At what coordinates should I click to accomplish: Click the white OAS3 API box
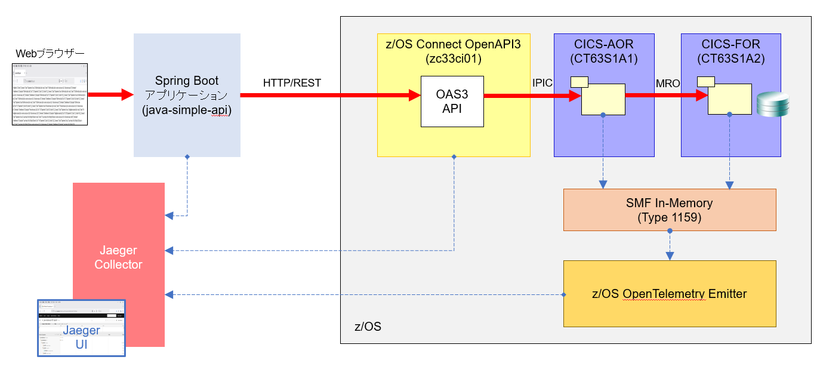[452, 102]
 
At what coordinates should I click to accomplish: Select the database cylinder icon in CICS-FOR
[772, 104]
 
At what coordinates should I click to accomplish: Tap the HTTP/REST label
[292, 83]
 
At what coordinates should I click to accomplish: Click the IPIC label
[542, 83]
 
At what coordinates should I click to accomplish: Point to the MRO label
[667, 83]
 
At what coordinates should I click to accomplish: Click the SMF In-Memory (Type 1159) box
[669, 210]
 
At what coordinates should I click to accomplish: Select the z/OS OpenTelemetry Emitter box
[669, 294]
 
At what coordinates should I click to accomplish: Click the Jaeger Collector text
[118, 257]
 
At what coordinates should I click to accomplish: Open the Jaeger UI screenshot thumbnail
[81, 328]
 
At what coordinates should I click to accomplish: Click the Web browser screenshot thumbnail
[50, 95]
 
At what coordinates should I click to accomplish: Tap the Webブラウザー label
[50, 54]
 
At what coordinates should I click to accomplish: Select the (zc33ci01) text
[453, 59]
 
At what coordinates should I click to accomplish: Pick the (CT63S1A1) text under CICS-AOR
[603, 59]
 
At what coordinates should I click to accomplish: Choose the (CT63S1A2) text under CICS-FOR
[730, 59]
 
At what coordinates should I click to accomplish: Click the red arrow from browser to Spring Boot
[110, 94]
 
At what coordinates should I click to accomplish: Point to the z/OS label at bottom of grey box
[368, 327]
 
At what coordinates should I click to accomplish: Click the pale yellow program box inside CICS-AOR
[603, 99]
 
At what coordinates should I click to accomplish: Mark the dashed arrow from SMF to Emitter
[670, 245]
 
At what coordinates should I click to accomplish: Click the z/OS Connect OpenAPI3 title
[453, 44]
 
